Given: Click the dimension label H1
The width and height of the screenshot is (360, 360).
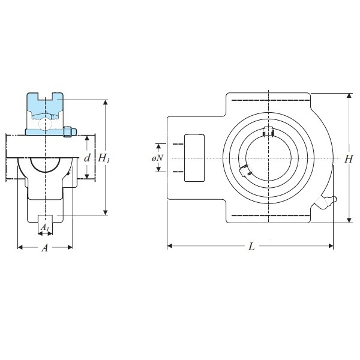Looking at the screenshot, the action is (x=104, y=158).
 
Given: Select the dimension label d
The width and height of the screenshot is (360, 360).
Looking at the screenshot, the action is (x=87, y=158).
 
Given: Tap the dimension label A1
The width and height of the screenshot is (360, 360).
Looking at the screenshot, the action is (x=45, y=227).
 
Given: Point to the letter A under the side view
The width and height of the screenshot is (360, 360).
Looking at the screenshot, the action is (x=45, y=248).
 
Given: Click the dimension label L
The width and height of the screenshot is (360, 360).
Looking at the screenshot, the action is (x=252, y=247).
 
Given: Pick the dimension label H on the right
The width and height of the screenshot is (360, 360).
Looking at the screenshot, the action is (x=348, y=159).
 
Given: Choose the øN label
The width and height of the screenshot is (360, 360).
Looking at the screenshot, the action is (x=157, y=158).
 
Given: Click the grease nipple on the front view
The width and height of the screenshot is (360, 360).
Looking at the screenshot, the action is (x=326, y=202).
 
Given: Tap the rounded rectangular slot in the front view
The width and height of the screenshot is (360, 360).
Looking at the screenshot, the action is (x=194, y=158).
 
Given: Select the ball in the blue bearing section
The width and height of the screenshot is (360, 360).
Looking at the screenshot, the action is (x=45, y=124).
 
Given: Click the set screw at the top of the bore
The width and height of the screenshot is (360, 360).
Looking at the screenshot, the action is (x=268, y=131).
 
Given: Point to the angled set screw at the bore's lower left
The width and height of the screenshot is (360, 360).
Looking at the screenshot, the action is (x=245, y=170).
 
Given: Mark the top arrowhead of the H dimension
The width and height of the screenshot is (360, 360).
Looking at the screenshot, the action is (x=349, y=96).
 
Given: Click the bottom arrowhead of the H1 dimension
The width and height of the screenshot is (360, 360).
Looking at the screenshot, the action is (x=106, y=212).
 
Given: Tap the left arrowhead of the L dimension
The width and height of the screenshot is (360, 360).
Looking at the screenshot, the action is (x=170, y=246).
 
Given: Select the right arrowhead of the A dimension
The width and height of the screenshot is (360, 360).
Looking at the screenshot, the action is (x=70, y=247).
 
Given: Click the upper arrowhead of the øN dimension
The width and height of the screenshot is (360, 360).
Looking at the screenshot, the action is (x=158, y=146).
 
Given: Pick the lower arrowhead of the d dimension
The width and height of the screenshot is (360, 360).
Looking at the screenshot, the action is (x=87, y=176).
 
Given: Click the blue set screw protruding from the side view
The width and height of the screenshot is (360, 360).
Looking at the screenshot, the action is (x=70, y=132).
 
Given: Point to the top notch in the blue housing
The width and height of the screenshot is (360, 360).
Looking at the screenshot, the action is (x=46, y=96).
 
